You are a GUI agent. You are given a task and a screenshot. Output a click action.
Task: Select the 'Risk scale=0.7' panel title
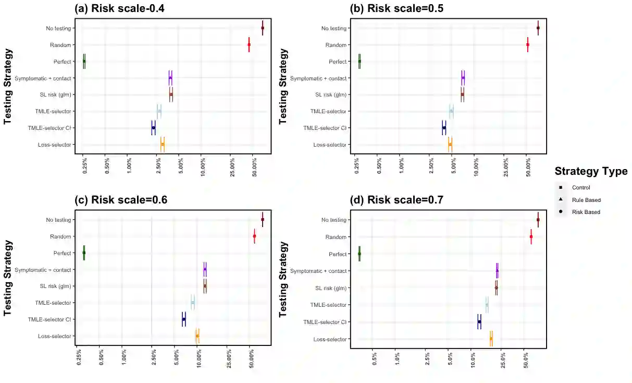pyautogui.click(x=405, y=200)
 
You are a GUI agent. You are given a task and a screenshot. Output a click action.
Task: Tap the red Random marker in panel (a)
pyautogui.click(x=249, y=45)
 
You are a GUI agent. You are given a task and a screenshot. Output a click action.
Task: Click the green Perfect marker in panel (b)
pyautogui.click(x=360, y=62)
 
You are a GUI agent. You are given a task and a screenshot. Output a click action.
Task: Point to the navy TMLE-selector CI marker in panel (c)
pyautogui.click(x=184, y=319)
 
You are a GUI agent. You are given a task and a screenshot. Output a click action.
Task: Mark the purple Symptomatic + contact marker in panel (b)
pyautogui.click(x=463, y=78)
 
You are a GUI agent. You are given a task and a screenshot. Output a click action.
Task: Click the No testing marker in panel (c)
pyautogui.click(x=263, y=219)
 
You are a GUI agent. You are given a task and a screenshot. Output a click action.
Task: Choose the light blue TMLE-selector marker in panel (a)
pyautogui.click(x=159, y=111)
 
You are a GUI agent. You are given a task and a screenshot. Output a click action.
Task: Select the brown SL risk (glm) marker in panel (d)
pyautogui.click(x=497, y=288)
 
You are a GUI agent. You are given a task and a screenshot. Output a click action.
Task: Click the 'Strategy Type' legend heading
pyautogui.click(x=591, y=171)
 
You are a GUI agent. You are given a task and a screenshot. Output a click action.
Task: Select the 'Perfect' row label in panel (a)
pyautogui.click(x=62, y=62)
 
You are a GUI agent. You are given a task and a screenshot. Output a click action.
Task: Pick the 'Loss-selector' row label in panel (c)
pyautogui.click(x=55, y=336)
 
